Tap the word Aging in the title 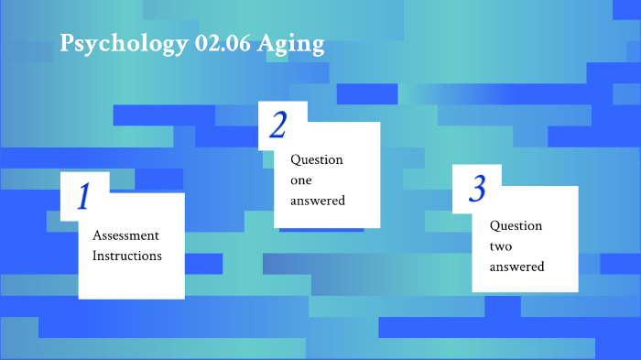[295, 45]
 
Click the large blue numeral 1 [83, 197]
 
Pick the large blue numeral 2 [278, 125]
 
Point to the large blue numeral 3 [477, 189]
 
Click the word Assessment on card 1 [125, 235]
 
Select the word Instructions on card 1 [127, 256]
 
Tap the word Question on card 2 [317, 159]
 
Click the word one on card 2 [301, 180]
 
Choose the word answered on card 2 [318, 201]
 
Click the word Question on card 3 [516, 225]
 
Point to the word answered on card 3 [516, 267]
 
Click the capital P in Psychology [67, 44]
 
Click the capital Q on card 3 [494, 225]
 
